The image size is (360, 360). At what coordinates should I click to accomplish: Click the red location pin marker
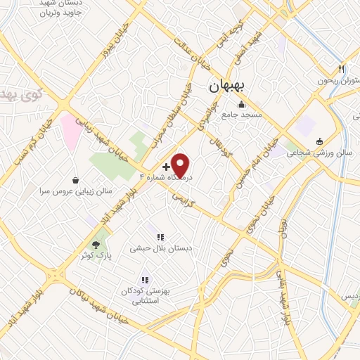click(181, 165)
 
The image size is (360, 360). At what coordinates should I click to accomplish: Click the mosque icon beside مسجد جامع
click(242, 105)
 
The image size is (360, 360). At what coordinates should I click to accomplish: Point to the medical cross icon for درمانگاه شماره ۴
click(165, 167)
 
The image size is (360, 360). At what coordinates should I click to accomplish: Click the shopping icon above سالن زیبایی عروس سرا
click(76, 179)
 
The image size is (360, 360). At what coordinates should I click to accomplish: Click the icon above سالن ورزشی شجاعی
click(319, 141)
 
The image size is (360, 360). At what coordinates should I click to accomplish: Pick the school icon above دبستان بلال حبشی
click(160, 238)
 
